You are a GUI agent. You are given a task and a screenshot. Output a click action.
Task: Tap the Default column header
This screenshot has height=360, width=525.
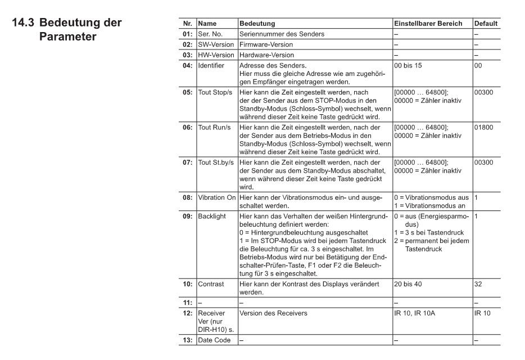coord(486,24)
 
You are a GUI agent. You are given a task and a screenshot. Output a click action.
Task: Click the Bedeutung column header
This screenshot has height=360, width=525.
coord(257,24)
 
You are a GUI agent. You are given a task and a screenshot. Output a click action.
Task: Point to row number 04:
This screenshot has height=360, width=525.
coord(187,66)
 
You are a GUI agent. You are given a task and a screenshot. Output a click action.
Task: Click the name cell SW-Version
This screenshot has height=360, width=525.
coord(216,44)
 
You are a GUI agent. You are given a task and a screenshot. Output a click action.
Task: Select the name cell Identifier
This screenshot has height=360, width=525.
coord(211,66)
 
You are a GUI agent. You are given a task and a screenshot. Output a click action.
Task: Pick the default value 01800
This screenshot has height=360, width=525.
coord(483,128)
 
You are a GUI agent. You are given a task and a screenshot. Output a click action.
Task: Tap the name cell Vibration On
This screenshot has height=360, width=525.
coord(216,198)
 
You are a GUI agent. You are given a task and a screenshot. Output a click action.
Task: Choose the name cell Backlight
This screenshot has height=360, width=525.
coord(212,216)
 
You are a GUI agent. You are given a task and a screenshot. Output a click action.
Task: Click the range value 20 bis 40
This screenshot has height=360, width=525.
coord(408,284)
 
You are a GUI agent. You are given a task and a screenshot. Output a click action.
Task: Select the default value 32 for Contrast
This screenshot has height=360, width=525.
coord(478,284)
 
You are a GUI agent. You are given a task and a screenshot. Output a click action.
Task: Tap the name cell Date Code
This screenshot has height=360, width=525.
coord(214,340)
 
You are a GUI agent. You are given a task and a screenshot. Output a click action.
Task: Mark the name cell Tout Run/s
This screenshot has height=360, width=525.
coord(214,128)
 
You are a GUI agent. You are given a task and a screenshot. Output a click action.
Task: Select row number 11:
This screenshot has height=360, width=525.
coord(187,303)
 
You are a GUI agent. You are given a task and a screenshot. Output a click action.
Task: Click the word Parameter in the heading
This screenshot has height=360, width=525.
coord(67,38)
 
